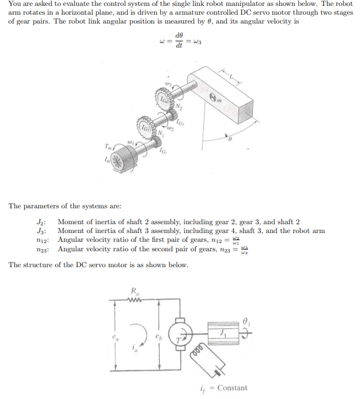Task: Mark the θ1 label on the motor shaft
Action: (x=246, y=322)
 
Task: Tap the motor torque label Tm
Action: (x=107, y=146)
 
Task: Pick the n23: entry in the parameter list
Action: (x=41, y=249)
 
